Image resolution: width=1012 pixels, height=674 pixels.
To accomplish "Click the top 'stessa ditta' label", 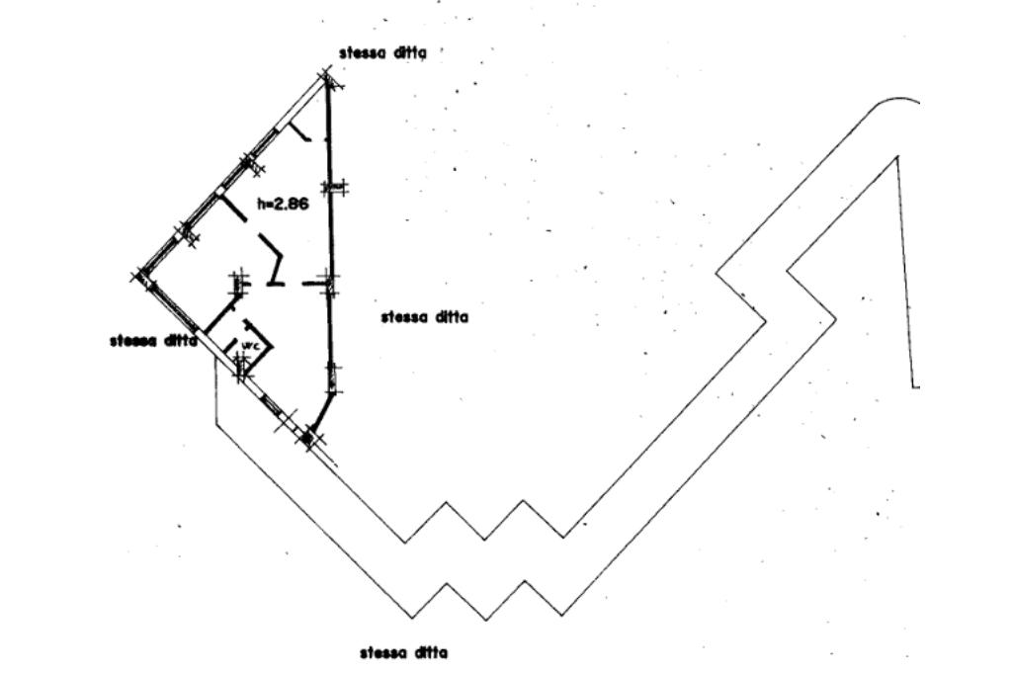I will click(382, 53).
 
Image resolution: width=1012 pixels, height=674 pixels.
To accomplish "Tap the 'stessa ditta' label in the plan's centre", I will click(424, 317).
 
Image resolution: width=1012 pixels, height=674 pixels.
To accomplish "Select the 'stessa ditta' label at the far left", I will click(153, 341).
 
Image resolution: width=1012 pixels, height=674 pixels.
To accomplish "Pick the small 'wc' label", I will click(250, 346).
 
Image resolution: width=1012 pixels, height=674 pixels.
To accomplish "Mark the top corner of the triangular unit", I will click(326, 75).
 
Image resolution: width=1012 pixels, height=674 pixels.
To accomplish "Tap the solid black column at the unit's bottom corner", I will click(307, 435).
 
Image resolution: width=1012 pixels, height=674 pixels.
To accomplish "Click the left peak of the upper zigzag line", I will click(444, 503).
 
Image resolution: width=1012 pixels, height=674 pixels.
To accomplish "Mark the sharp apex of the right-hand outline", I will click(896, 156).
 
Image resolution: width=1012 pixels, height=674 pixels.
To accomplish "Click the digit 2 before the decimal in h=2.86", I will click(275, 205).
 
